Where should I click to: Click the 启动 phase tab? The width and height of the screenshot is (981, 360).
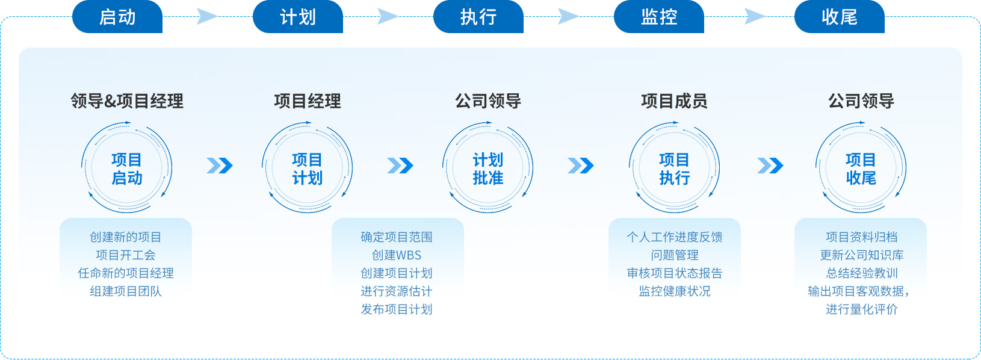pos(117,17)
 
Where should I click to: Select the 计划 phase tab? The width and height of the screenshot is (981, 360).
pos(298,17)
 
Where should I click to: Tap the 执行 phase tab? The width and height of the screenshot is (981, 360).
pos(478,17)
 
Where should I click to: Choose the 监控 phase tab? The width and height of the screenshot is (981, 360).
pos(659,17)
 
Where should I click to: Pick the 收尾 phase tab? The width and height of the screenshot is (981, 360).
pos(840,17)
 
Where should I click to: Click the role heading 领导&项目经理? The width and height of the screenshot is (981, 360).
pos(127,101)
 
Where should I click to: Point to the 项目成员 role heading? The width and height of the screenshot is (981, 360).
pos(674,101)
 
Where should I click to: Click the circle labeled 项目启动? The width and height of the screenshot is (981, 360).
pos(127,169)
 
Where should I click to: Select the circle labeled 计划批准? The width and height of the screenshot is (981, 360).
pos(488,169)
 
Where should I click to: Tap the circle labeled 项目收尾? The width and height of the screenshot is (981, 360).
pos(861,169)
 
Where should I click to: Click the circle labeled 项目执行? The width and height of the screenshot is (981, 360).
pos(674,169)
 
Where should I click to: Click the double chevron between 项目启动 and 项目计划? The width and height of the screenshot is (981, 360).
pos(220,166)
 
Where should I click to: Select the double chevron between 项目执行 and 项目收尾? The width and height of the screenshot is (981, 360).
pos(770,166)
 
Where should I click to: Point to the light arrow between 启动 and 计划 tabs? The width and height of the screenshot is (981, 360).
pos(207,17)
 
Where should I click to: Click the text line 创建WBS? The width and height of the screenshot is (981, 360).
pos(397,255)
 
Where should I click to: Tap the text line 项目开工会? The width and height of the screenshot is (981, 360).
pos(126,255)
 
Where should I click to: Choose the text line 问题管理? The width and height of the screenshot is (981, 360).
pos(675,255)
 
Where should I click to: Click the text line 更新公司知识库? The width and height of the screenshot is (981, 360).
pos(861,255)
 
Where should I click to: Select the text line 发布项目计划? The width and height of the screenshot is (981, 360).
pos(397,309)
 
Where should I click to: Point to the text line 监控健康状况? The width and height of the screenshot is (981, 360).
pos(675,291)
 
